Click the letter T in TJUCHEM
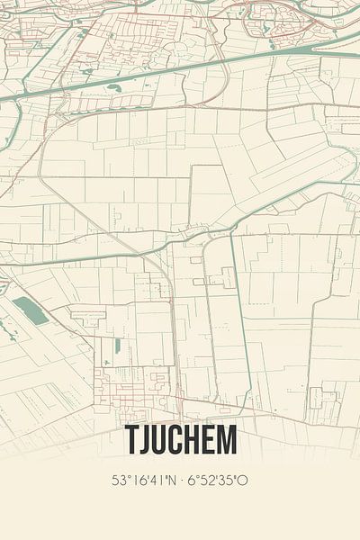[131, 441]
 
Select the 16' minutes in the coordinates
[139, 481]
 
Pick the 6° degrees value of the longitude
[192, 481]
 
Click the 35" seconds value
[225, 481]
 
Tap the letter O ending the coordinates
[242, 481]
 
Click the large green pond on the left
[31, 310]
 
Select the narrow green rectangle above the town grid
[117, 346]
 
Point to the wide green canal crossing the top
[180, 70]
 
